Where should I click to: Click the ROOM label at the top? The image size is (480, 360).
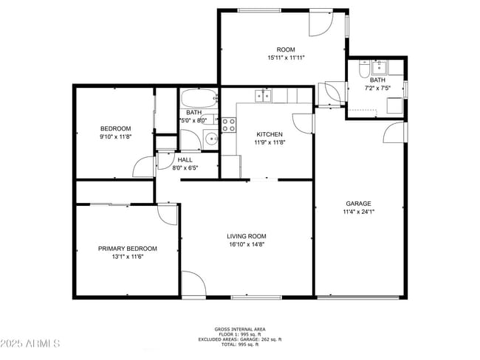286,50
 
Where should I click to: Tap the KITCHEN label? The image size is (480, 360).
269,134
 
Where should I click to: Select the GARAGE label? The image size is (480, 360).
358,204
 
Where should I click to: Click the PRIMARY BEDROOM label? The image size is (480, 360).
127,249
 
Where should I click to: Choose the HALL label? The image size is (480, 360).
185,159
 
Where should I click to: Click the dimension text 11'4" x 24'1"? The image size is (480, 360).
358,212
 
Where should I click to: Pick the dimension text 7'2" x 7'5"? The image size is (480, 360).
377,88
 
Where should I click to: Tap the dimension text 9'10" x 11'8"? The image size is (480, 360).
115,136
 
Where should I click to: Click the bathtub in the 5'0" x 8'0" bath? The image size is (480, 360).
198,98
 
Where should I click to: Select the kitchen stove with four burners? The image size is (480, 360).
228,124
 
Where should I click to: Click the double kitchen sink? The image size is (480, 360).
263,95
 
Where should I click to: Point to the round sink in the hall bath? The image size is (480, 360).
210,137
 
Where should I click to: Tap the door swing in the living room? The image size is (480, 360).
193,284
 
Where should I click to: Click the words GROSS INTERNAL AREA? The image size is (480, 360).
240,329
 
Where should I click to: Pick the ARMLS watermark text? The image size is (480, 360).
31,344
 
